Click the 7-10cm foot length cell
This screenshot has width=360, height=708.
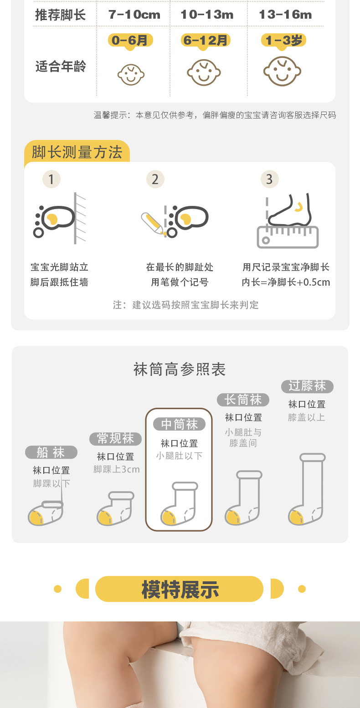point(134,15)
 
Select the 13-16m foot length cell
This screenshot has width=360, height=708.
point(285,15)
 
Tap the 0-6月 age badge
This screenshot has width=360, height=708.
point(130,41)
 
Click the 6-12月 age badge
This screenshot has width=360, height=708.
point(205,41)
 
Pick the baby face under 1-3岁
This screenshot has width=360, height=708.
point(282,72)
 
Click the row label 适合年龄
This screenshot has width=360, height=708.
point(61,67)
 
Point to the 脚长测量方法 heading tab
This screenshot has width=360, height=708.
point(77,152)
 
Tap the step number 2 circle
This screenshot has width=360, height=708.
point(155,180)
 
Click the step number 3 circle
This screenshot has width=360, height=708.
point(269,180)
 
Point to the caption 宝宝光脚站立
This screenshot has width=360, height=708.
point(59,267)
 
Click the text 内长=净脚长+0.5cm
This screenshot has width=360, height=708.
point(286,282)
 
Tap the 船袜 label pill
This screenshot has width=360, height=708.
point(51,452)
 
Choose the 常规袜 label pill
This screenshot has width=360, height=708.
point(115,439)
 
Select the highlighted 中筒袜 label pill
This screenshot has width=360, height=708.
point(179,425)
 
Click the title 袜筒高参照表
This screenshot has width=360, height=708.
point(180,369)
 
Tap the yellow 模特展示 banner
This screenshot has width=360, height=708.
point(180,590)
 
